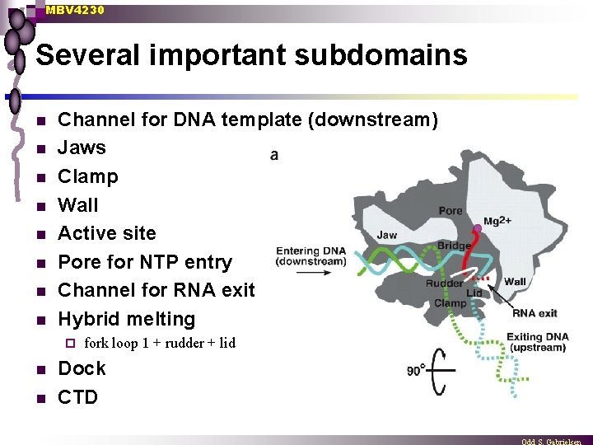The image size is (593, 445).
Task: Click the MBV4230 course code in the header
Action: (x=75, y=10)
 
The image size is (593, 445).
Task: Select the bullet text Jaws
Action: (x=82, y=148)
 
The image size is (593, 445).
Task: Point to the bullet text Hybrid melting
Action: (x=126, y=319)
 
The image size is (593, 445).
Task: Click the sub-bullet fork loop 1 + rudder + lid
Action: (x=159, y=344)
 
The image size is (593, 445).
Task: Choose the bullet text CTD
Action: (x=77, y=397)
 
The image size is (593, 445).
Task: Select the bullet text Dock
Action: (x=82, y=368)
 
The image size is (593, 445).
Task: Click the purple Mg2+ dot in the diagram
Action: (x=477, y=227)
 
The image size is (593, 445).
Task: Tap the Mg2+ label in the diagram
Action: (x=497, y=221)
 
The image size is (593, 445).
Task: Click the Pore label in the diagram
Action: (x=451, y=211)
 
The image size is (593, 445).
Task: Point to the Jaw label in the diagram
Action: (x=386, y=235)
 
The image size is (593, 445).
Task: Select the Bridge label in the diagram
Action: (x=454, y=246)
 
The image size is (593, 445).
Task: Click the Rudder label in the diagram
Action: (x=443, y=283)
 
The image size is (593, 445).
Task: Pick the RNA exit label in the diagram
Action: (x=535, y=313)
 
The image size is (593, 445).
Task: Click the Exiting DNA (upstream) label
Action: (x=535, y=342)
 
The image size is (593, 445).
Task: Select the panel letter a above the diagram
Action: (x=273, y=154)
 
